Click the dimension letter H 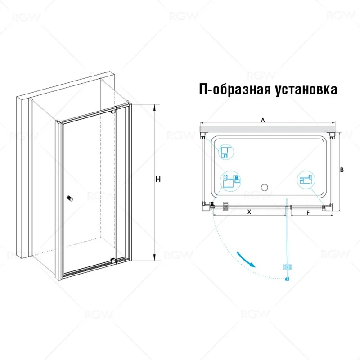[x=158, y=179]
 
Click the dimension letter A [x=263, y=120]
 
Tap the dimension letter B [x=342, y=170]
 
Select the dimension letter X [x=249, y=212]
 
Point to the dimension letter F [x=308, y=213]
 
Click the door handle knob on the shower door [x=70, y=198]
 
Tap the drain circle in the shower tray [x=265, y=188]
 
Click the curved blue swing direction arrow [x=246, y=260]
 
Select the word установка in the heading [x=306, y=89]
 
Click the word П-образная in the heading [x=234, y=89]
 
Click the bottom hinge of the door [x=113, y=261]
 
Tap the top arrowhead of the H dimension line [x=155, y=107]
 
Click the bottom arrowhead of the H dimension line [x=155, y=258]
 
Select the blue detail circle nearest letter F [x=306, y=180]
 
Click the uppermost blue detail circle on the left [x=225, y=152]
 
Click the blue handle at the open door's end [x=287, y=267]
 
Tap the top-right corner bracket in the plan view [x=332, y=135]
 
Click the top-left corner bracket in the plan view [x=203, y=135]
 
